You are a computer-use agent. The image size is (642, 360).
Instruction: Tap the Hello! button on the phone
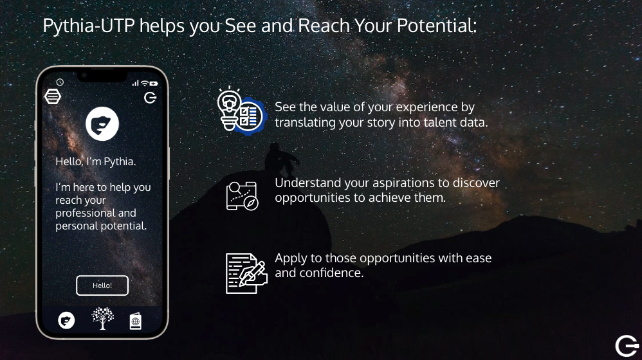(102, 285)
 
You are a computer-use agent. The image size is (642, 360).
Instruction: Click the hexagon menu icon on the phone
(52, 96)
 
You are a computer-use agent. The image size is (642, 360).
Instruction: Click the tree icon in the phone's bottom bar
(102, 318)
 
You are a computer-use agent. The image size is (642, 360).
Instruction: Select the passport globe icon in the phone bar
(136, 321)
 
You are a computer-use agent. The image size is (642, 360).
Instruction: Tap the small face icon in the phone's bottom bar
(66, 320)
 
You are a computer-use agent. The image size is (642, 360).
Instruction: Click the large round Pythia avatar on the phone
(102, 123)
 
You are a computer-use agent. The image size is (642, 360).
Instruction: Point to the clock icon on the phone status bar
(60, 82)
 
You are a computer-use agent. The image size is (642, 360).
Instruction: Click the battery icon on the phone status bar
(154, 84)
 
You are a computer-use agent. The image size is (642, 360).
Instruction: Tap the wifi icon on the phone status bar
(145, 83)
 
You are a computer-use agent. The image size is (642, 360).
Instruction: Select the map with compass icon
(243, 196)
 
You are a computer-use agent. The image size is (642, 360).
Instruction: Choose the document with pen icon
(246, 273)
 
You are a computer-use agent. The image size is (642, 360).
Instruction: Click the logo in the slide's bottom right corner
(627, 346)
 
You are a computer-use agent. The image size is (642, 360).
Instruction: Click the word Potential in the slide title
(436, 26)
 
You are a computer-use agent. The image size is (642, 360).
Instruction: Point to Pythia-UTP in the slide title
(88, 26)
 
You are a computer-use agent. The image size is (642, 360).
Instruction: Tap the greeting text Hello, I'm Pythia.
(96, 161)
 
